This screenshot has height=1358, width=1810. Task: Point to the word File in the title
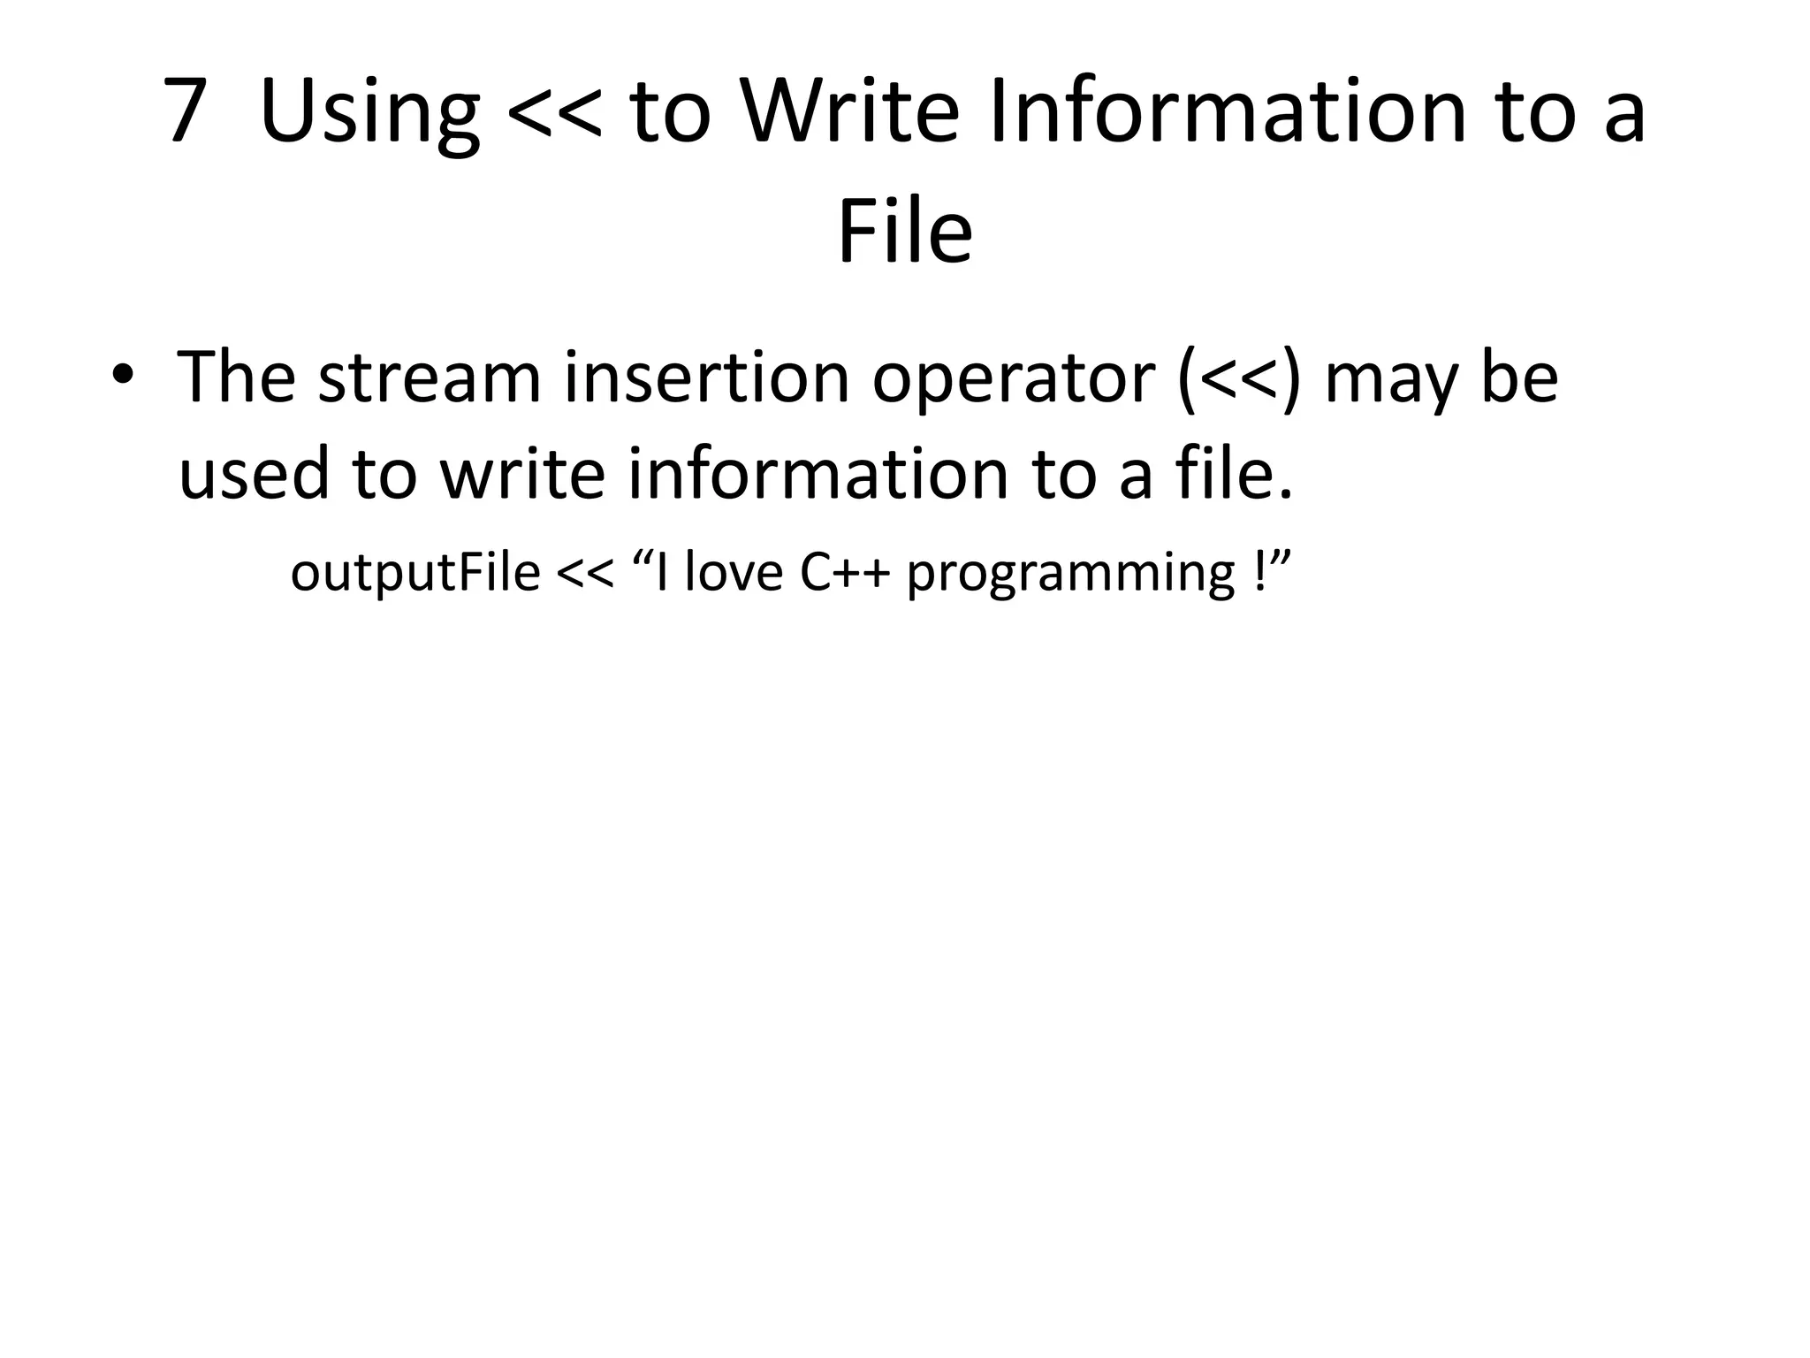point(904,232)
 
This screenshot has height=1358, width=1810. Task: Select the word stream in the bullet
point(430,378)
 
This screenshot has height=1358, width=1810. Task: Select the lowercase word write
point(522,472)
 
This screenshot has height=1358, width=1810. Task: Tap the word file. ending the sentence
point(1234,472)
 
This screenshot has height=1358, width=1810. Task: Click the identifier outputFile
point(414,573)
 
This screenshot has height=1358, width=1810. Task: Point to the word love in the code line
point(734,572)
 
